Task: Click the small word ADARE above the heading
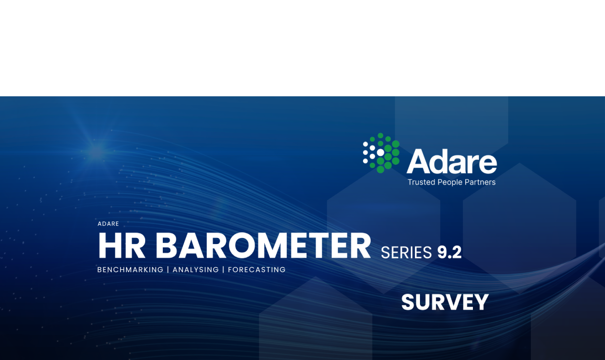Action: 108,224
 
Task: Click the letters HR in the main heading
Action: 122,246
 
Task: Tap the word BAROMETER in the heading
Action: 263,246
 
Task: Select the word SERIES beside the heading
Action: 406,253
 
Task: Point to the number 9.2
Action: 449,253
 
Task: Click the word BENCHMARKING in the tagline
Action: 130,270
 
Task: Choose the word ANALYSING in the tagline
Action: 196,270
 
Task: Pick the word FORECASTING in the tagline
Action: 257,270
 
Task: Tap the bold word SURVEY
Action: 445,302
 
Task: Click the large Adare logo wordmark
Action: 452,161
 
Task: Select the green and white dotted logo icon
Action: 381,153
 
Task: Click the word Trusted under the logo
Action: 421,183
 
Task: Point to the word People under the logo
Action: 450,183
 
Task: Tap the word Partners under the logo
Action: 480,183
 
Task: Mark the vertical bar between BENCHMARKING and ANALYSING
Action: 168,270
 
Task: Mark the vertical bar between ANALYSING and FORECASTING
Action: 223,270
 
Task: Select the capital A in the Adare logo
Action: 419,161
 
